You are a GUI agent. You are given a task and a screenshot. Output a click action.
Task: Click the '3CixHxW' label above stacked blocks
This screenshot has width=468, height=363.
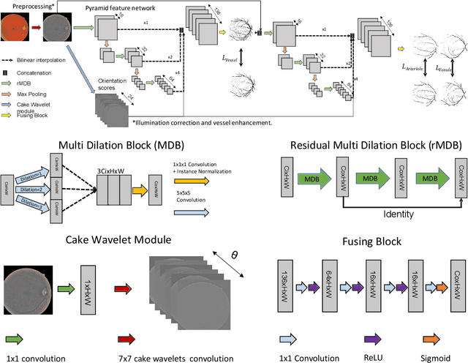[x=115, y=173]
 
